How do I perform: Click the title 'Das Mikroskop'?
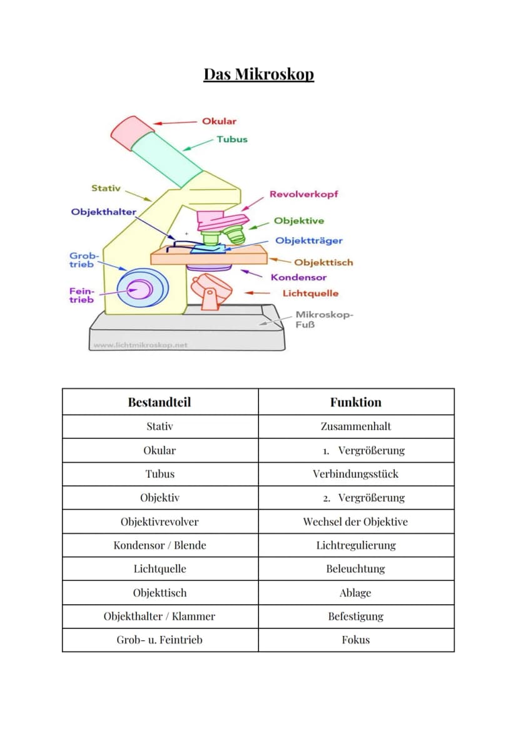click(258, 74)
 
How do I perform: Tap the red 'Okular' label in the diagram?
click(219, 121)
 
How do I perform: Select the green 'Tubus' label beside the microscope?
click(231, 140)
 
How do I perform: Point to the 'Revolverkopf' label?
click(303, 194)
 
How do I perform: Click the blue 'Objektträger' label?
click(309, 241)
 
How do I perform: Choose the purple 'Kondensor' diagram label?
click(298, 277)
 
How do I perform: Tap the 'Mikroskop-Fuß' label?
click(324, 319)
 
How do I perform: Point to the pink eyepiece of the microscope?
click(132, 133)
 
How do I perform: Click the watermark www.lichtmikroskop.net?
click(140, 345)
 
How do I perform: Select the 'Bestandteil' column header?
click(160, 402)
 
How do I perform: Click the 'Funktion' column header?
click(356, 402)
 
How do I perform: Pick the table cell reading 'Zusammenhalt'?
click(356, 426)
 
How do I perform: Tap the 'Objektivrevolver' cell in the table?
click(160, 521)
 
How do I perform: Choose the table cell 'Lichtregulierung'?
click(356, 546)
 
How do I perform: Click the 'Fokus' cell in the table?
click(356, 640)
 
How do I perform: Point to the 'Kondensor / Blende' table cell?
click(160, 545)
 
